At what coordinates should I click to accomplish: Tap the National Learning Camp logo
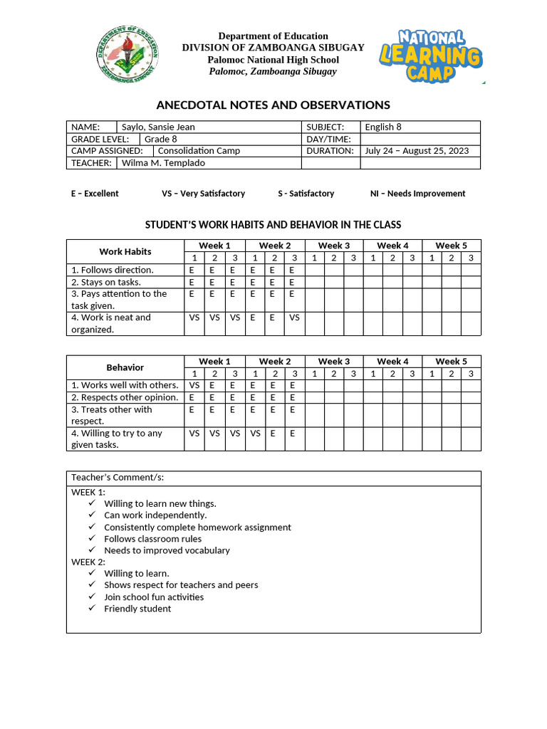[430, 56]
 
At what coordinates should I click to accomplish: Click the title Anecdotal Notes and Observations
[273, 105]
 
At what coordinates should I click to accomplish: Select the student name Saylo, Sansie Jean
[158, 127]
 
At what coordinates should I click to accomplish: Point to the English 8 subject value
[383, 127]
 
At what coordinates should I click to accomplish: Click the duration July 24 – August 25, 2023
[416, 151]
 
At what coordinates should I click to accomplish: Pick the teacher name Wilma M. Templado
[164, 163]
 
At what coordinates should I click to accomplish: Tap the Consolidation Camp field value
[199, 151]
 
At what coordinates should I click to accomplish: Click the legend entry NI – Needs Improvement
[417, 194]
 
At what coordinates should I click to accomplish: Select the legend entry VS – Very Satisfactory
[203, 194]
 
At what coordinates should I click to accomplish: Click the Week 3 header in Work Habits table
[333, 246]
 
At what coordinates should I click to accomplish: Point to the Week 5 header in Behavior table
[451, 362]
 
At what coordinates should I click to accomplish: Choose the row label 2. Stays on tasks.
[106, 282]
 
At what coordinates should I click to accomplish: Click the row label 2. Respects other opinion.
[125, 397]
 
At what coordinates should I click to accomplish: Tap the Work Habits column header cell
[125, 251]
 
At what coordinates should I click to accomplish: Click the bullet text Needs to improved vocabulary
[167, 550]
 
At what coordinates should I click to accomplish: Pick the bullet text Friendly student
[137, 609]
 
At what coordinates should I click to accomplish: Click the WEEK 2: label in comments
[88, 562]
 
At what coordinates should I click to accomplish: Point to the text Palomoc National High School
[273, 60]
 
